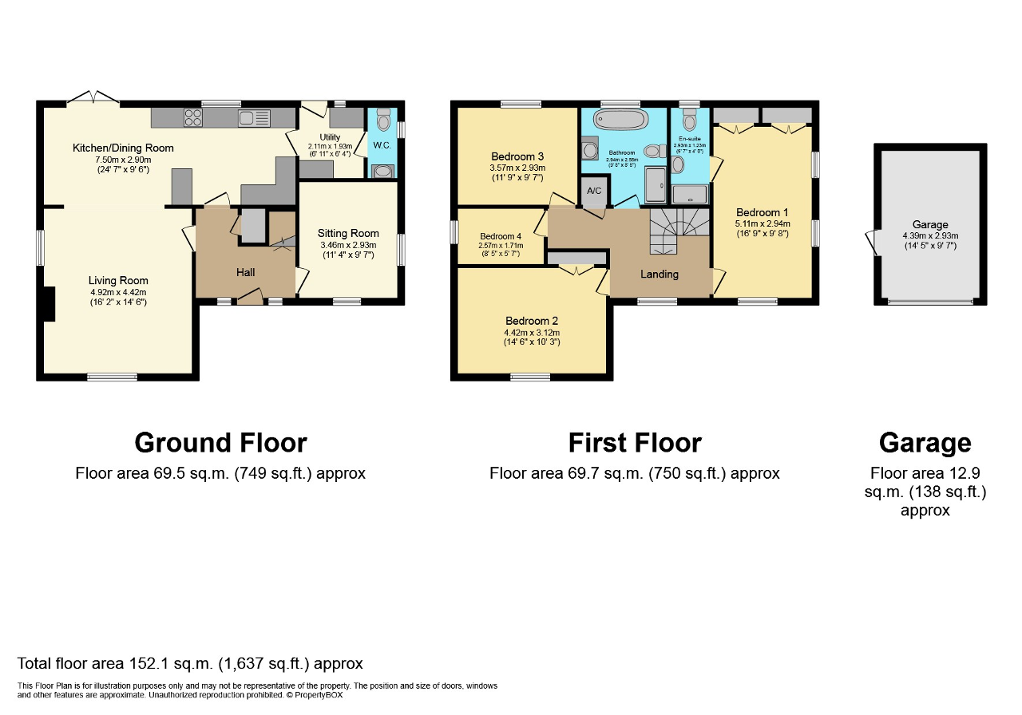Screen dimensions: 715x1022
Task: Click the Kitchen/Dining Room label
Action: point(123,148)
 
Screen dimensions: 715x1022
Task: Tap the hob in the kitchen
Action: point(194,118)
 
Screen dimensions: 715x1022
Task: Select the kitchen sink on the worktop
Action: point(254,119)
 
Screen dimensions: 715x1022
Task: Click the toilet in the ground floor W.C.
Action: point(383,122)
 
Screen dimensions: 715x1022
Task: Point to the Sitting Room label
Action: point(348,234)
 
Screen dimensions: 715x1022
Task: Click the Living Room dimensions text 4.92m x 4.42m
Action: point(118,292)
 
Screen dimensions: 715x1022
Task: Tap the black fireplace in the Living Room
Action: point(50,304)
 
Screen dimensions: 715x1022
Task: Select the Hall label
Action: point(245,273)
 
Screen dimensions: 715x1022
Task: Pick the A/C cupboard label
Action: point(594,192)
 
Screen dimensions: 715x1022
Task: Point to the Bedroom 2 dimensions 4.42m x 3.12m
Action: point(531,333)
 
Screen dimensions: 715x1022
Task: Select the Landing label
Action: point(660,275)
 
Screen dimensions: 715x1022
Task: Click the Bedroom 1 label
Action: point(763,213)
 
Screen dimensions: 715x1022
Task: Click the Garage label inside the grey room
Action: point(930,225)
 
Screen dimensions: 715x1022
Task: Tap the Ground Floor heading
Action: point(220,443)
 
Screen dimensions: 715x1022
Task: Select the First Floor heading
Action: point(635,443)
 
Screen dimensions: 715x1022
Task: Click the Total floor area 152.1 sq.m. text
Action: point(190,664)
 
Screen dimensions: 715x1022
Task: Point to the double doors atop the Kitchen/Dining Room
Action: point(93,99)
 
